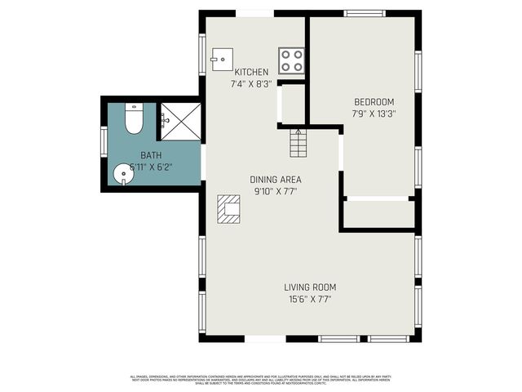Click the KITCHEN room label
251,72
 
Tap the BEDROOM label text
374,101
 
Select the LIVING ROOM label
310,287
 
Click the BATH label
151,154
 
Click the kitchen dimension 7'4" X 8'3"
251,84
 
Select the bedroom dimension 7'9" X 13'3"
374,114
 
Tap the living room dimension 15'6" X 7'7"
310,300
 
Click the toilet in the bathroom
134,119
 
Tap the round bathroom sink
122,174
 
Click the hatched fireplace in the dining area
228,209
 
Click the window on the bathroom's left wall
104,140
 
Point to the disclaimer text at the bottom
261,379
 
